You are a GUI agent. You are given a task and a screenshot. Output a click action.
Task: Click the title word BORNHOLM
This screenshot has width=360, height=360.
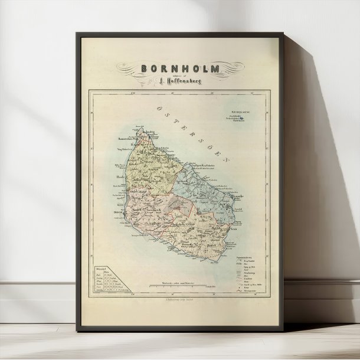180,68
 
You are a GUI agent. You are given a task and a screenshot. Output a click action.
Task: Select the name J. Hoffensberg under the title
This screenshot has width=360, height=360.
180,81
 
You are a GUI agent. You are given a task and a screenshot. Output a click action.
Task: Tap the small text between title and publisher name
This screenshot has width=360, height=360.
179,75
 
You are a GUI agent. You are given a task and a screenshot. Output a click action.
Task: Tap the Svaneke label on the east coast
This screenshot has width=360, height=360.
237,195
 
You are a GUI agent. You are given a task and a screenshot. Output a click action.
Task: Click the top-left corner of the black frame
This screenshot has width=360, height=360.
76,34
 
